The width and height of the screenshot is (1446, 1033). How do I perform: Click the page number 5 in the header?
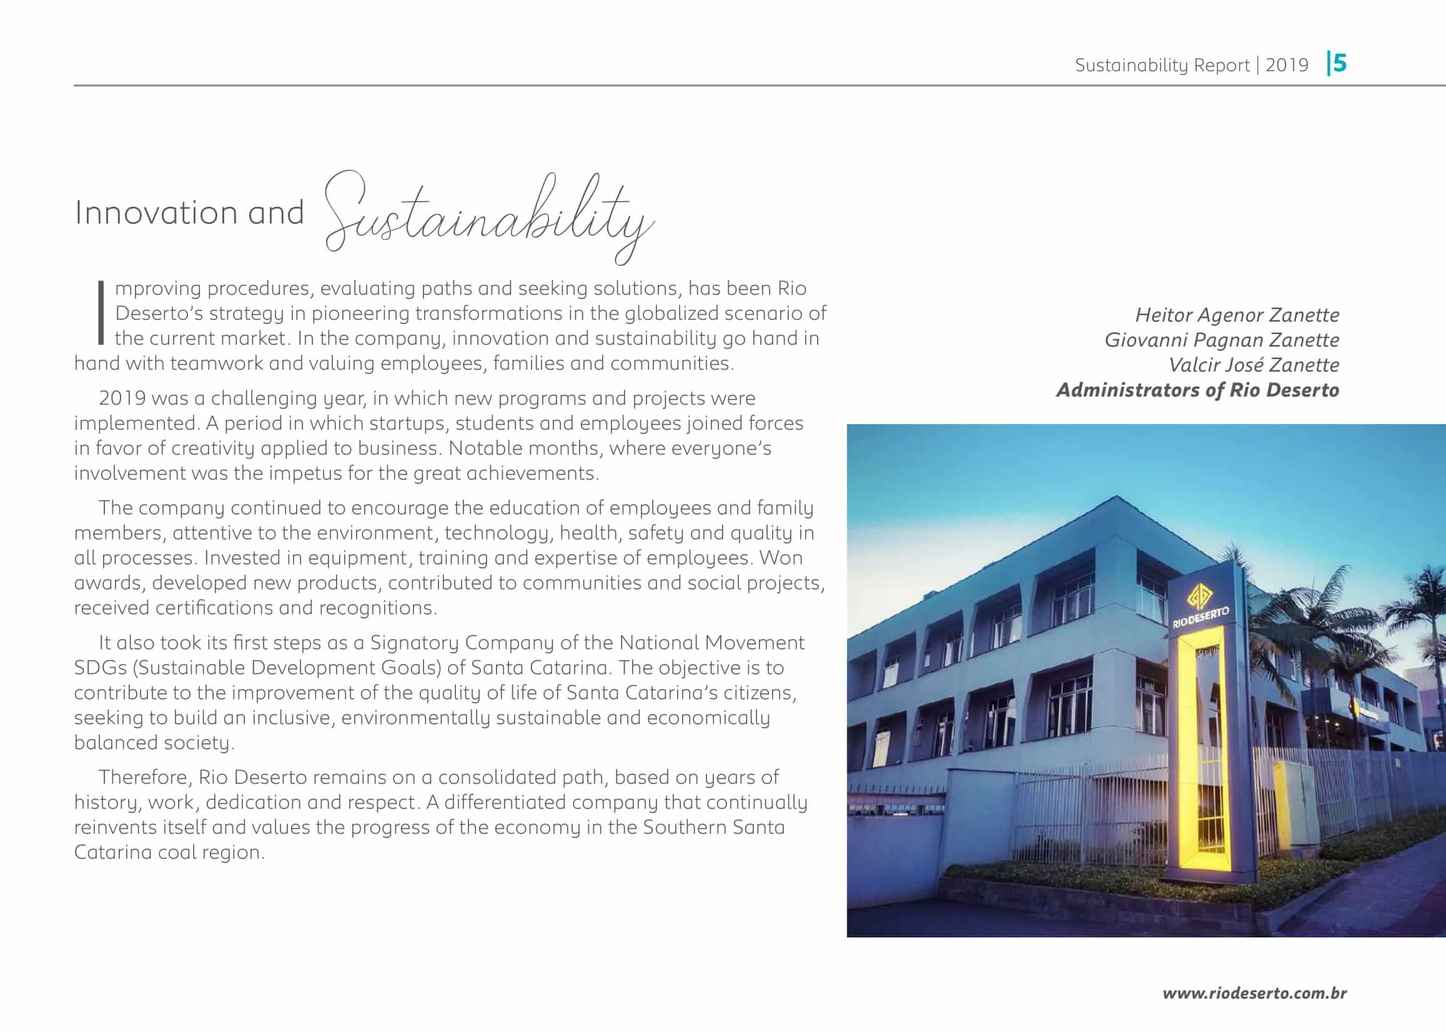click(1339, 64)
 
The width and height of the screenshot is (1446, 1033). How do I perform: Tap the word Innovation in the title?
click(157, 212)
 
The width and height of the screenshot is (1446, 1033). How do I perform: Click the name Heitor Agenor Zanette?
click(1237, 315)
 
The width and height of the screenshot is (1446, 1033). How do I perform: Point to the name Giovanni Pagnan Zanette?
click(1221, 340)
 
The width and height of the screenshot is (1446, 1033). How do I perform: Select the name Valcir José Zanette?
click(1253, 365)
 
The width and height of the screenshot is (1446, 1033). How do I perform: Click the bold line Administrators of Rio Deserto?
click(1197, 390)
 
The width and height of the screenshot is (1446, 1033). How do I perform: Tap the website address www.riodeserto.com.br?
click(1254, 993)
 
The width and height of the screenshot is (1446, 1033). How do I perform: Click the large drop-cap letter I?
click(101, 312)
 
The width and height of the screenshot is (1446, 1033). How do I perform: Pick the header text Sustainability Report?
click(1162, 65)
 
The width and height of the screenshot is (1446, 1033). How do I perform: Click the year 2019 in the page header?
click(1286, 65)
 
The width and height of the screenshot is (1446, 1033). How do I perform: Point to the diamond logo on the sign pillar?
click(1200, 596)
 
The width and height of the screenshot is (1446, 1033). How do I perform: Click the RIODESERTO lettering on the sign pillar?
click(1201, 618)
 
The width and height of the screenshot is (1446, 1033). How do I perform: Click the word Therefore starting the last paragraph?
click(144, 778)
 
